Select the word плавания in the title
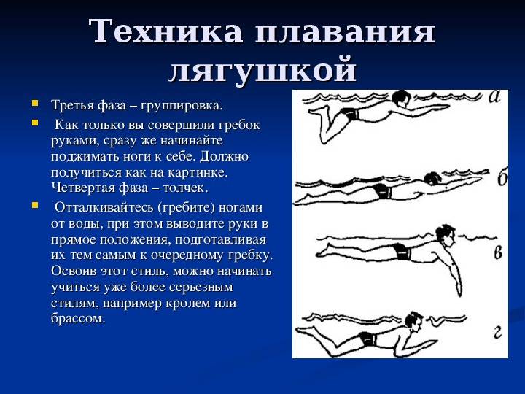pyautogui.click(x=345, y=31)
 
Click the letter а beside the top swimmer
pyautogui.click(x=494, y=97)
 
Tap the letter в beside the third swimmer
pyautogui.click(x=498, y=252)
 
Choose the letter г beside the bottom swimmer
pyautogui.click(x=498, y=332)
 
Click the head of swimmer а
pyautogui.click(x=400, y=98)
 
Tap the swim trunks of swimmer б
pyautogui.click(x=383, y=192)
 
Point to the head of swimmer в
pyautogui.click(x=446, y=234)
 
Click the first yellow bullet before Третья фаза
pyautogui.click(x=34, y=103)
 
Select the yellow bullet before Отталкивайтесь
pyautogui.click(x=34, y=205)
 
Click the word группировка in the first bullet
pyautogui.click(x=181, y=106)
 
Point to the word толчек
pyautogui.click(x=185, y=188)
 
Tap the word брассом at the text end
pyautogui.click(x=78, y=318)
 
